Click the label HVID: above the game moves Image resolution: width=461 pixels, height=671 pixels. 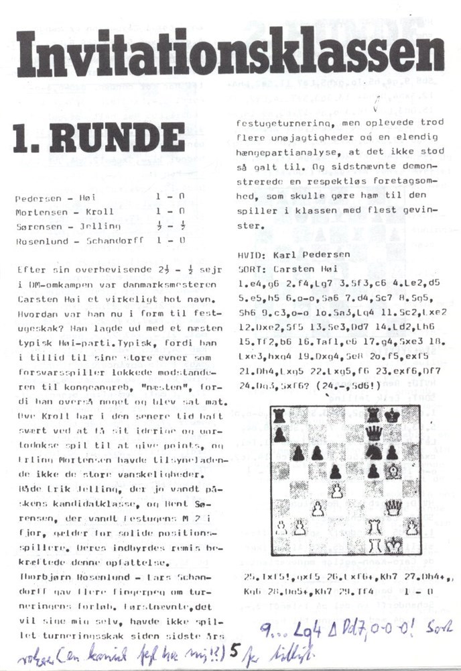(252, 256)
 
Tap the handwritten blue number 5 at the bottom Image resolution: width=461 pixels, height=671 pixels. (231, 649)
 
